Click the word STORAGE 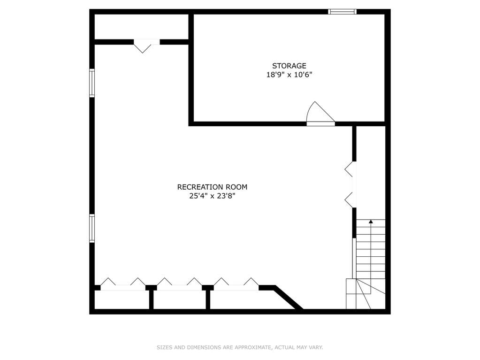pyautogui.click(x=289, y=66)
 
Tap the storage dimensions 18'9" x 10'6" pyautogui.click(x=289, y=75)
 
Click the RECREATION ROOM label pyautogui.click(x=212, y=187)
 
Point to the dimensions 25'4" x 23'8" pyautogui.click(x=212, y=196)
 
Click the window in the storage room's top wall pyautogui.click(x=342, y=12)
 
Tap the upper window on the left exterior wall pyautogui.click(x=92, y=83)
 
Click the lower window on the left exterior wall pyautogui.click(x=92, y=228)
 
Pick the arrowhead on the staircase pyautogui.click(x=371, y=222)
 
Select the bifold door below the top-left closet pyautogui.click(x=147, y=46)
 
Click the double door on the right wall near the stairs pyautogui.click(x=351, y=184)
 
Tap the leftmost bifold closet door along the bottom pyautogui.click(x=123, y=284)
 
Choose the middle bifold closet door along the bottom pyautogui.click(x=179, y=284)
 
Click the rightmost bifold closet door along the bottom pyautogui.click(x=236, y=284)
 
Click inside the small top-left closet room pyautogui.click(x=141, y=27)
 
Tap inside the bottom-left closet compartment pyautogui.click(x=122, y=300)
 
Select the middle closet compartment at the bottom pyautogui.click(x=180, y=300)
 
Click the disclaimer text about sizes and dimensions pyautogui.click(x=240, y=347)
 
